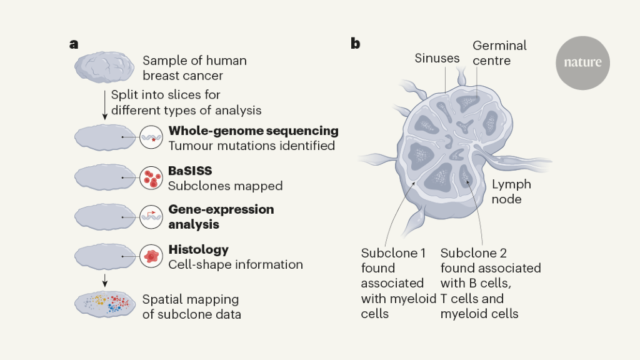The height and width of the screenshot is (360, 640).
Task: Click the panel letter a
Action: pos(74,44)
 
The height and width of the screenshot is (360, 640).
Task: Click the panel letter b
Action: pos(355,44)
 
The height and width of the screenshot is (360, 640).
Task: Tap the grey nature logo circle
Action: pos(582,62)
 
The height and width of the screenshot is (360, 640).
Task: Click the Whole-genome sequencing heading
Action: pos(253,131)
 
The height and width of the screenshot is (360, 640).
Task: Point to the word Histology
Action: pos(199,249)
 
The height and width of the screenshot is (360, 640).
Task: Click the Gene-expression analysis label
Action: pos(221,216)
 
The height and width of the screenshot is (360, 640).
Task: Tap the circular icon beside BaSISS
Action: pos(151,178)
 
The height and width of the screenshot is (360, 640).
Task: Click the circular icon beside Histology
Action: pos(151,256)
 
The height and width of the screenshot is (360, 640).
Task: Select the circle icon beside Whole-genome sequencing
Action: pos(151,137)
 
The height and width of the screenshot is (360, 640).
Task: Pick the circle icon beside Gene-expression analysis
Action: pos(151,216)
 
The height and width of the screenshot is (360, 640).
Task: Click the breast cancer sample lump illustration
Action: pos(104,67)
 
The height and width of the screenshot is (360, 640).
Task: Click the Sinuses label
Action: pos(437,59)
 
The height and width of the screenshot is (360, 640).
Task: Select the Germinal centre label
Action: pos(499,53)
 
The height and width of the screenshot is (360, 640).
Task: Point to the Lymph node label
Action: pos(511,191)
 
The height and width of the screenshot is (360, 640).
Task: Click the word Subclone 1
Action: pos(394,253)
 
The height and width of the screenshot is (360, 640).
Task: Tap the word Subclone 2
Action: pos(473,253)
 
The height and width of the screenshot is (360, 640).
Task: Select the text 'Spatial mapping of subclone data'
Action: pos(191,306)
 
